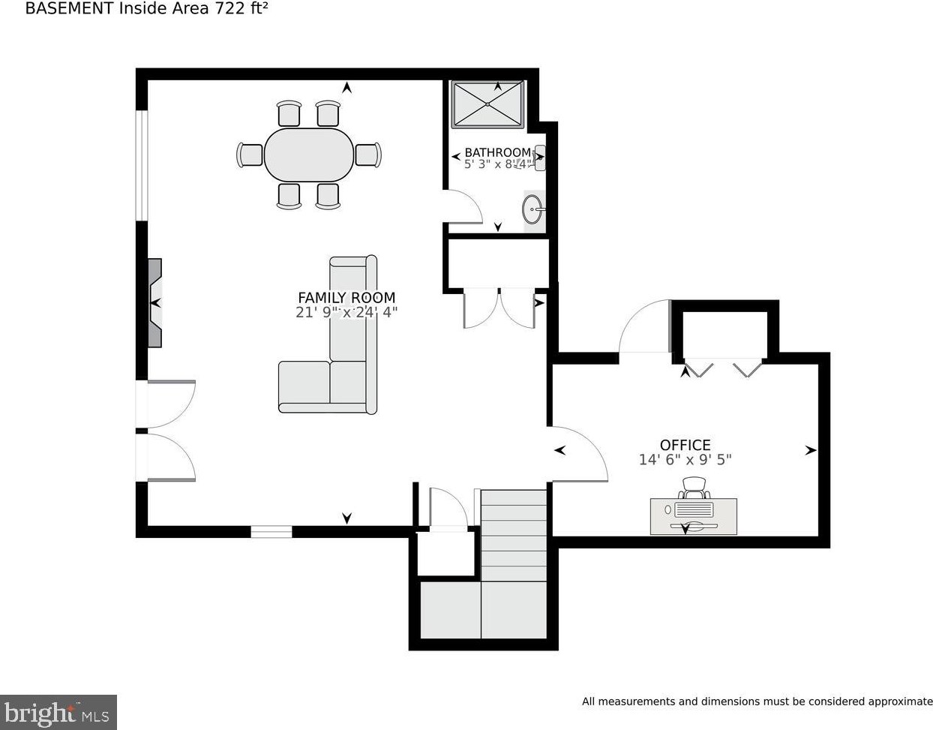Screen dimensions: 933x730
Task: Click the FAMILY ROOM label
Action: (346, 298)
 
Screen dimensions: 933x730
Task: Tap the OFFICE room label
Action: (685, 445)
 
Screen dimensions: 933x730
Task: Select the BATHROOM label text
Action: (498, 152)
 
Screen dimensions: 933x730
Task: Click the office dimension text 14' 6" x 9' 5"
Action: (685, 460)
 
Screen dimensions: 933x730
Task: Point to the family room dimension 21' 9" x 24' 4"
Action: (346, 312)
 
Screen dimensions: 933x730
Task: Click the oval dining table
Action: (309, 155)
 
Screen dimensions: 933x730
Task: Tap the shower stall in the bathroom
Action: (487, 104)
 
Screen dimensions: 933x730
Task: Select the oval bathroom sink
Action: (532, 209)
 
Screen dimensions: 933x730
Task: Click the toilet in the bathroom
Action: (538, 158)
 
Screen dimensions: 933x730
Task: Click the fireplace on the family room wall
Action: (155, 303)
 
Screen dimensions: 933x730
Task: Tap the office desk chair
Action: (694, 488)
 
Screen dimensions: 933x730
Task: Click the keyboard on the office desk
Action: (694, 509)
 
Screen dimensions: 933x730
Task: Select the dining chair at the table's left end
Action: (250, 155)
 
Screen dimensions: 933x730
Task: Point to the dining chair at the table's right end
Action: (368, 155)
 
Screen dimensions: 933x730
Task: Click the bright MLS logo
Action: (58, 713)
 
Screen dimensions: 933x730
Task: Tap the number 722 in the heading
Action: (229, 8)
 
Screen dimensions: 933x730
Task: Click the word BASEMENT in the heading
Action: (70, 8)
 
